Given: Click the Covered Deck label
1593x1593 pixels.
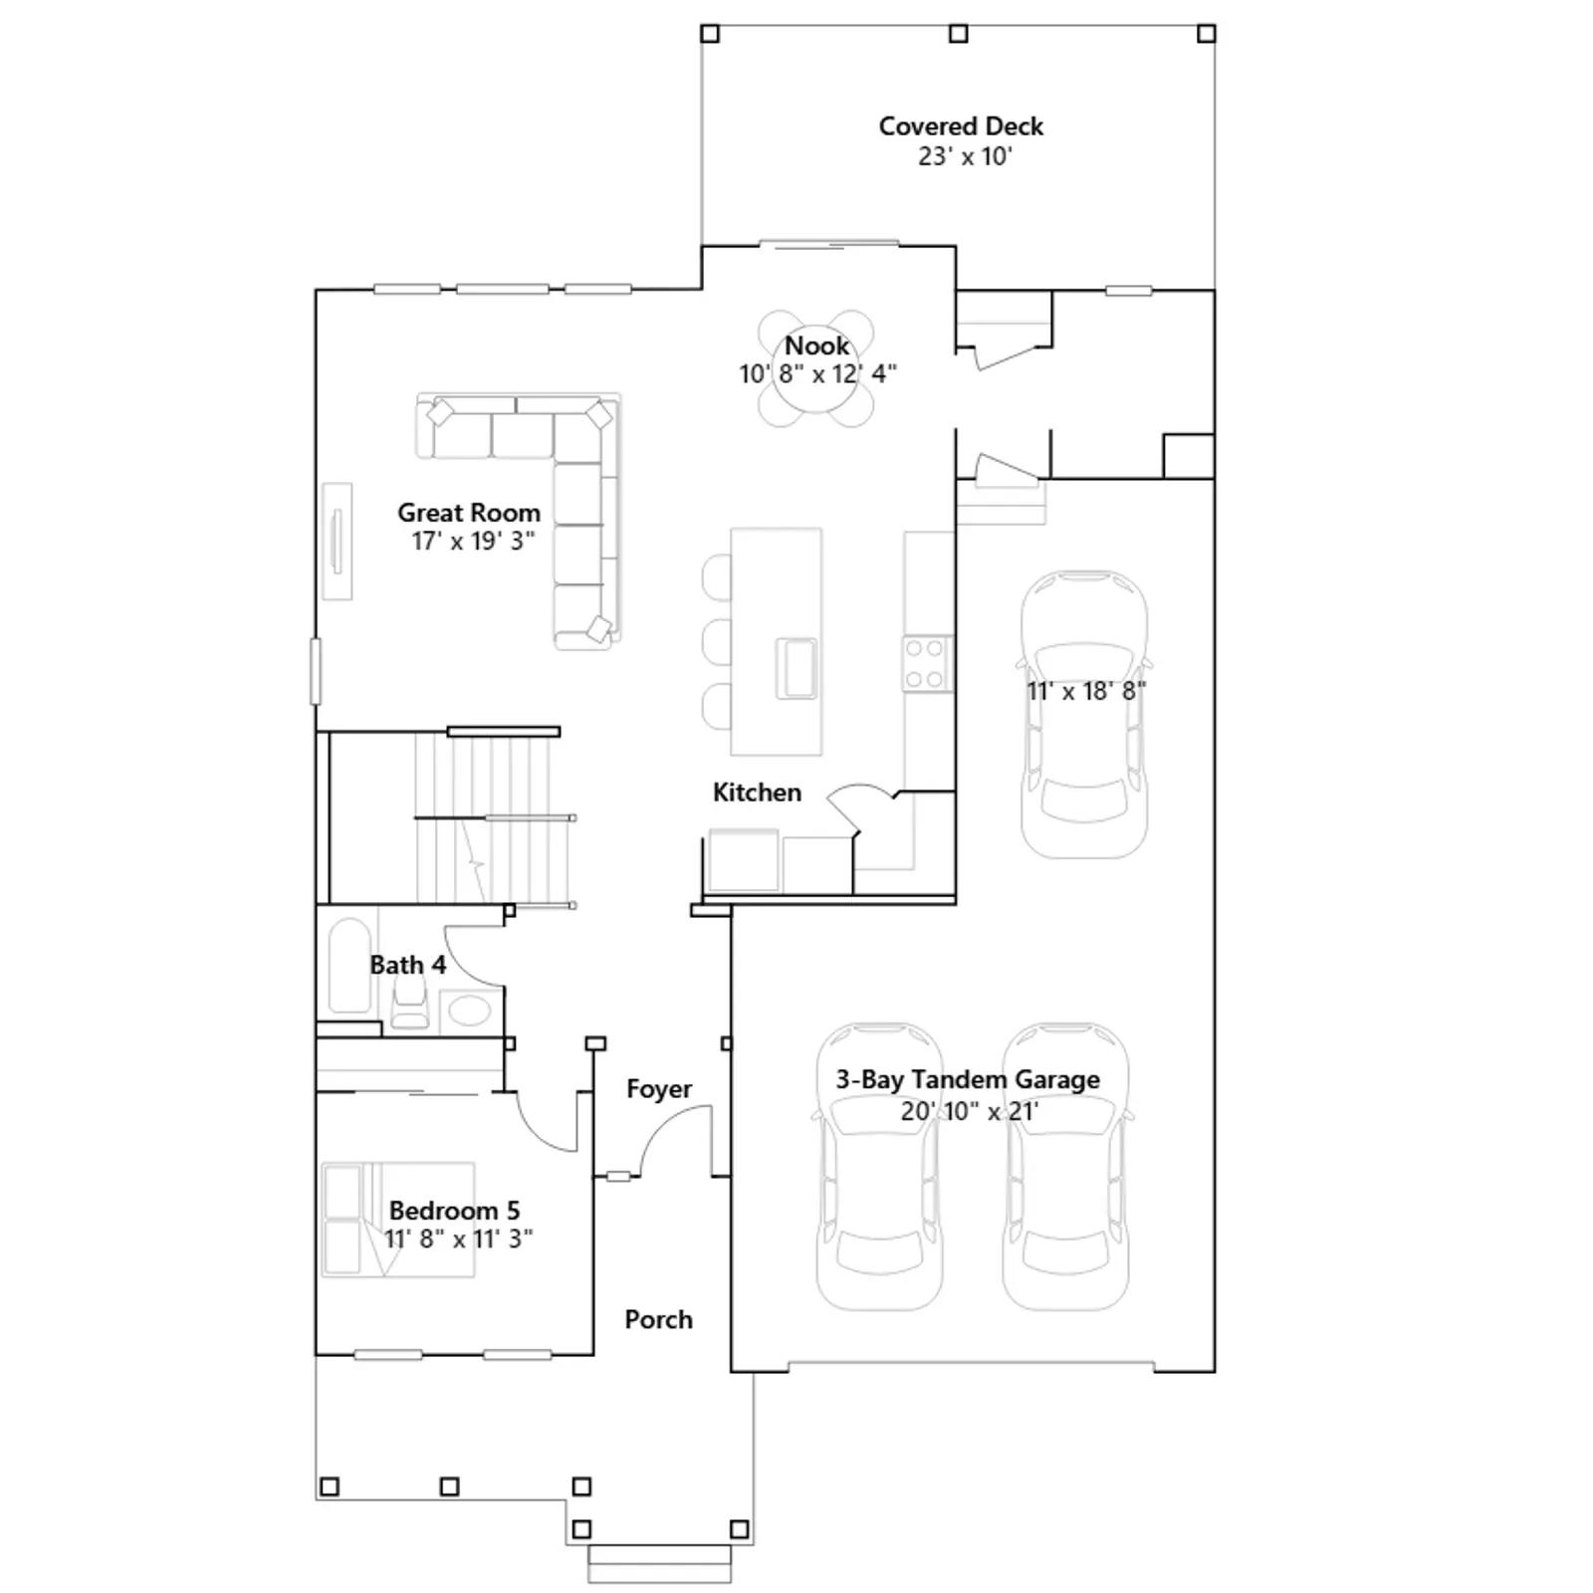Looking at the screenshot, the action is pos(961,126).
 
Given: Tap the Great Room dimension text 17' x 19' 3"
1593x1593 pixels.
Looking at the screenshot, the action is pos(474,541).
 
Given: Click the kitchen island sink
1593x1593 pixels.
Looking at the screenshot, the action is pos(796,668).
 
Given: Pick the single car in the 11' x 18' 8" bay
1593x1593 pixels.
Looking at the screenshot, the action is pos(1084,714).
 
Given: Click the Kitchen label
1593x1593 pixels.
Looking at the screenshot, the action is pos(757,793).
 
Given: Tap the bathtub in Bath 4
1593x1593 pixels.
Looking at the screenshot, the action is pos(349,965).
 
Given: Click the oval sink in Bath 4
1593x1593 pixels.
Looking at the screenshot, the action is pos(470,1010).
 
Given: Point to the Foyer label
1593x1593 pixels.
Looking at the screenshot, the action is pos(659,1089).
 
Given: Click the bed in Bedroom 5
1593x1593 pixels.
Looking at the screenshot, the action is pos(398,1220).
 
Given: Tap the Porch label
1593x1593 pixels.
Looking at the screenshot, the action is pos(658,1319).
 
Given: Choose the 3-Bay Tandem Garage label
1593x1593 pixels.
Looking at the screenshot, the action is pos(968,1079).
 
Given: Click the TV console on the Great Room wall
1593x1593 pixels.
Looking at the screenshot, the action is pos(337,542).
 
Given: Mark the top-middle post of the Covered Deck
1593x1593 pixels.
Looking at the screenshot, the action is pos(959,34).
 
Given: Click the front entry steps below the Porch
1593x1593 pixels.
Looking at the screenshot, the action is pos(659,1563).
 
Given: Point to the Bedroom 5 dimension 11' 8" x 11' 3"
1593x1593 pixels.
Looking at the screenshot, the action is pos(459,1239).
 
